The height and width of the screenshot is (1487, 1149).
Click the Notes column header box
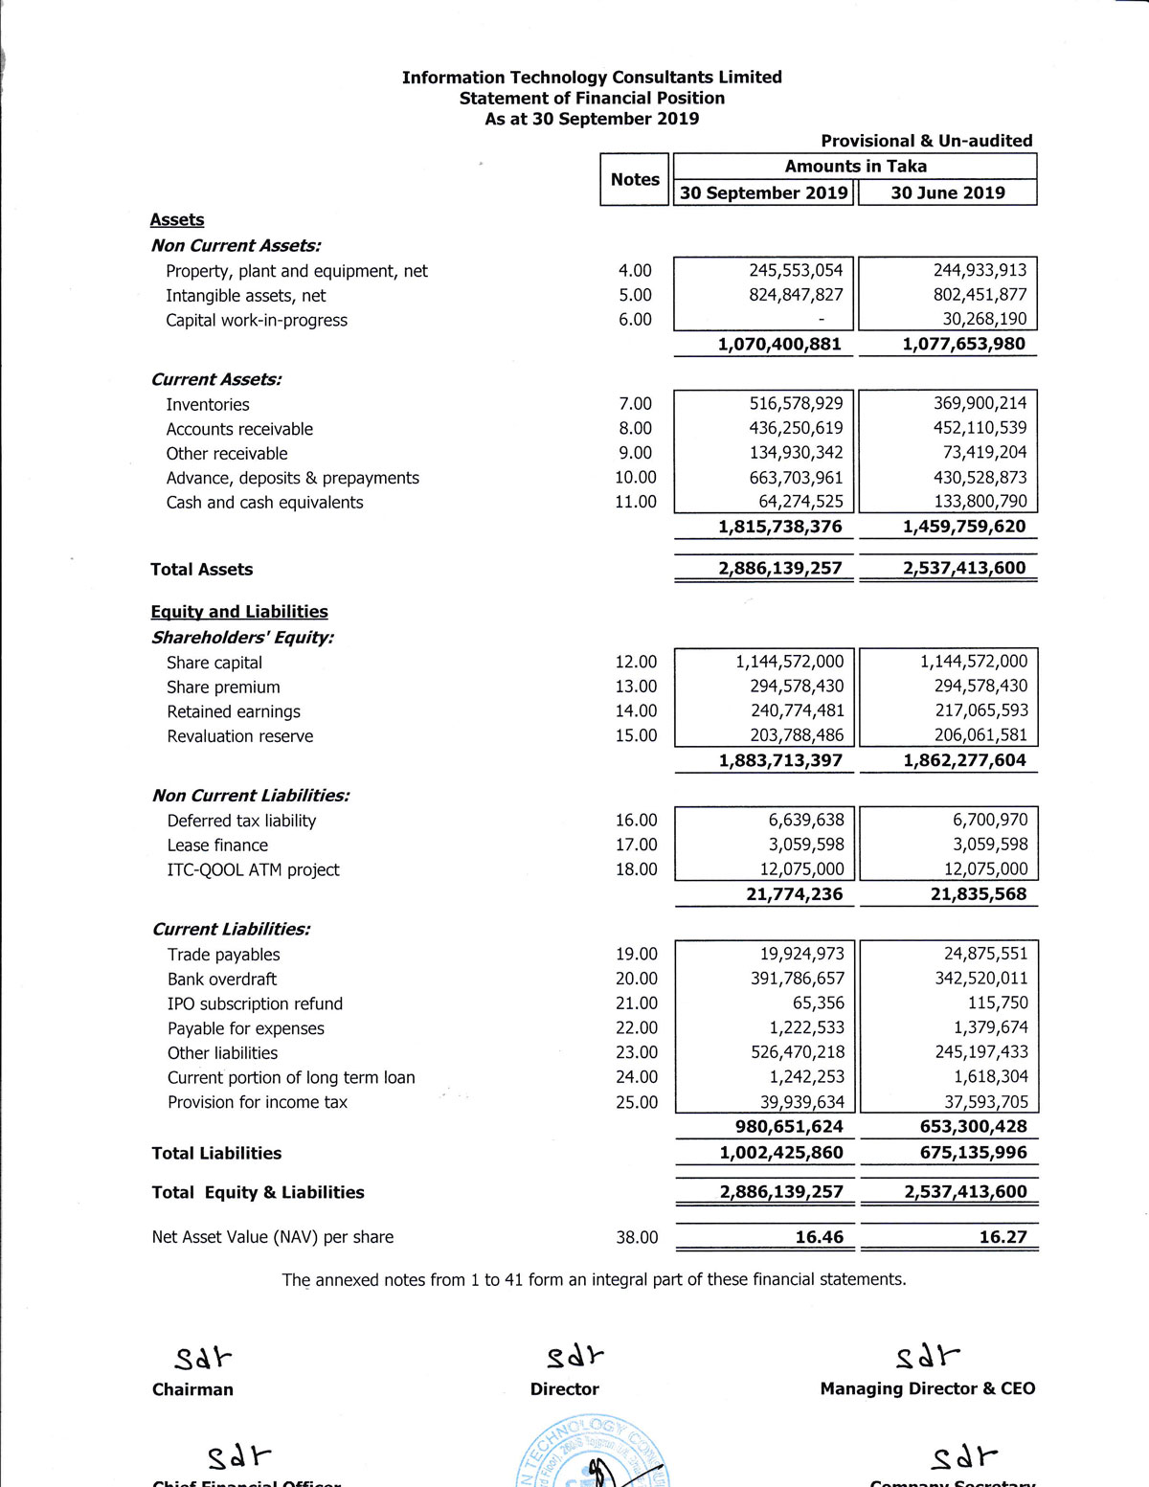[635, 179]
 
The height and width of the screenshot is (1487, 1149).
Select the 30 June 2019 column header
[948, 192]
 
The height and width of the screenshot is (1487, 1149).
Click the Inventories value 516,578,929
[796, 404]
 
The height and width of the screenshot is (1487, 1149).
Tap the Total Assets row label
[201, 570]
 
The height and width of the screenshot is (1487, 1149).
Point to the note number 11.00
[636, 502]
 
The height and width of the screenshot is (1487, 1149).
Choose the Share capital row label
[214, 663]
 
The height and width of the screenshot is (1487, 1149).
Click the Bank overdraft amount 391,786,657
[798, 979]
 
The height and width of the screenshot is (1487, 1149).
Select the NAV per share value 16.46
[819, 1237]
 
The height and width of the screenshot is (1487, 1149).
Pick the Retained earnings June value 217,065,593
[980, 710]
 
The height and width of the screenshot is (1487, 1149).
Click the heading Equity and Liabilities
[239, 612]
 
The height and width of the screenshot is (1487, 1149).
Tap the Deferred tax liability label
[241, 821]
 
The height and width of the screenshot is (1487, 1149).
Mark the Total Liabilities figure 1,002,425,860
[781, 1153]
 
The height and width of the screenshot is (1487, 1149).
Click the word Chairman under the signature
[192, 1389]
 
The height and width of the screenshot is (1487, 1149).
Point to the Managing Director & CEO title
[927, 1388]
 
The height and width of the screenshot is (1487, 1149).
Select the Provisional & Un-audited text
[926, 141]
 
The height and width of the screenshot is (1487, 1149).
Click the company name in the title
[592, 78]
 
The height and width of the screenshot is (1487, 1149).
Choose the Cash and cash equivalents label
[264, 503]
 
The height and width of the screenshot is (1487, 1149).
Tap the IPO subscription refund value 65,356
[819, 1003]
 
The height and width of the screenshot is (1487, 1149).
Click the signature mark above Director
[574, 1357]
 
